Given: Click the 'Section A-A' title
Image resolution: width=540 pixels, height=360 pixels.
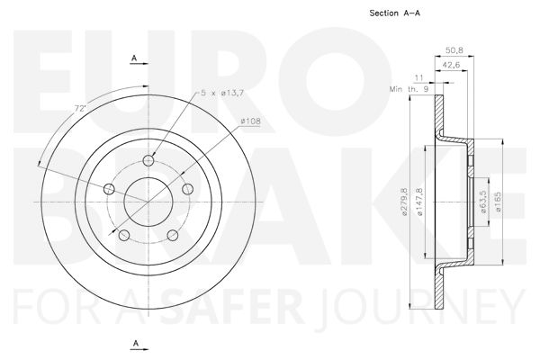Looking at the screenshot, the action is pyautogui.click(x=395, y=13).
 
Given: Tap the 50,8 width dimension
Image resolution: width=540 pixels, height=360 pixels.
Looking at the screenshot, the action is pyautogui.click(x=454, y=50).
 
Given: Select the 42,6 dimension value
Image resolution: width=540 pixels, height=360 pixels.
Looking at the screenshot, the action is pyautogui.click(x=451, y=65).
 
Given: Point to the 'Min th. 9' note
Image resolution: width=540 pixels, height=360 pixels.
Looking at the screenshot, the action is pyautogui.click(x=409, y=89).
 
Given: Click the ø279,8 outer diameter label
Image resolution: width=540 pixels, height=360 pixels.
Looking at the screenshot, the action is pyautogui.click(x=404, y=202).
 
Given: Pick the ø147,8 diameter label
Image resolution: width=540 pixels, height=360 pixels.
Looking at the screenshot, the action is pyautogui.click(x=419, y=202).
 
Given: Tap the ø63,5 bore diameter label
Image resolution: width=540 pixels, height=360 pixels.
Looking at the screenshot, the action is pyautogui.click(x=482, y=202).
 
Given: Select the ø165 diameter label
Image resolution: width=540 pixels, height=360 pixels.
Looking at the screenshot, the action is pyautogui.click(x=498, y=202).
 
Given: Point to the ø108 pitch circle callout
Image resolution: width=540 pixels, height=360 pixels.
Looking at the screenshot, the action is pyautogui.click(x=251, y=121).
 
